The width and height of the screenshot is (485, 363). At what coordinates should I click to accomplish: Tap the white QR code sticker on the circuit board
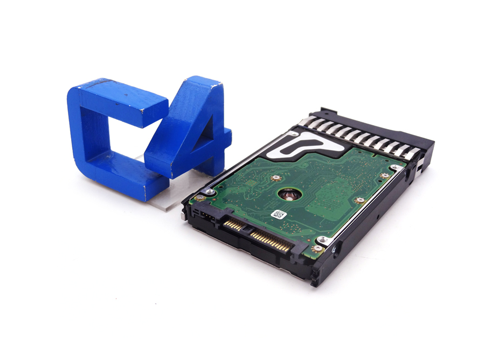(279, 214)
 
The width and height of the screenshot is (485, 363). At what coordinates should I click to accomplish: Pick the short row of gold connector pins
(233, 224)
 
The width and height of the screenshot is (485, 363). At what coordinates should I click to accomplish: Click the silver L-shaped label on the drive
(304, 145)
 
